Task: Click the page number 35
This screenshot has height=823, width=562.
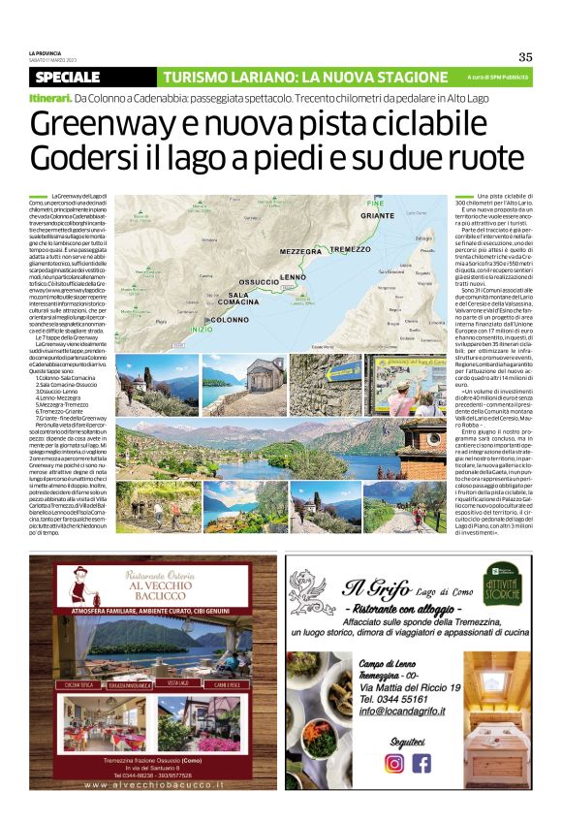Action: pos(525,56)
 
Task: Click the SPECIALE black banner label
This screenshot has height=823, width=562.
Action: pos(67,77)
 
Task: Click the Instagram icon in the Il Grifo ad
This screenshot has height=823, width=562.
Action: pos(393,762)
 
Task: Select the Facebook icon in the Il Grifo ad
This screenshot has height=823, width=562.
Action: pos(421,762)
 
